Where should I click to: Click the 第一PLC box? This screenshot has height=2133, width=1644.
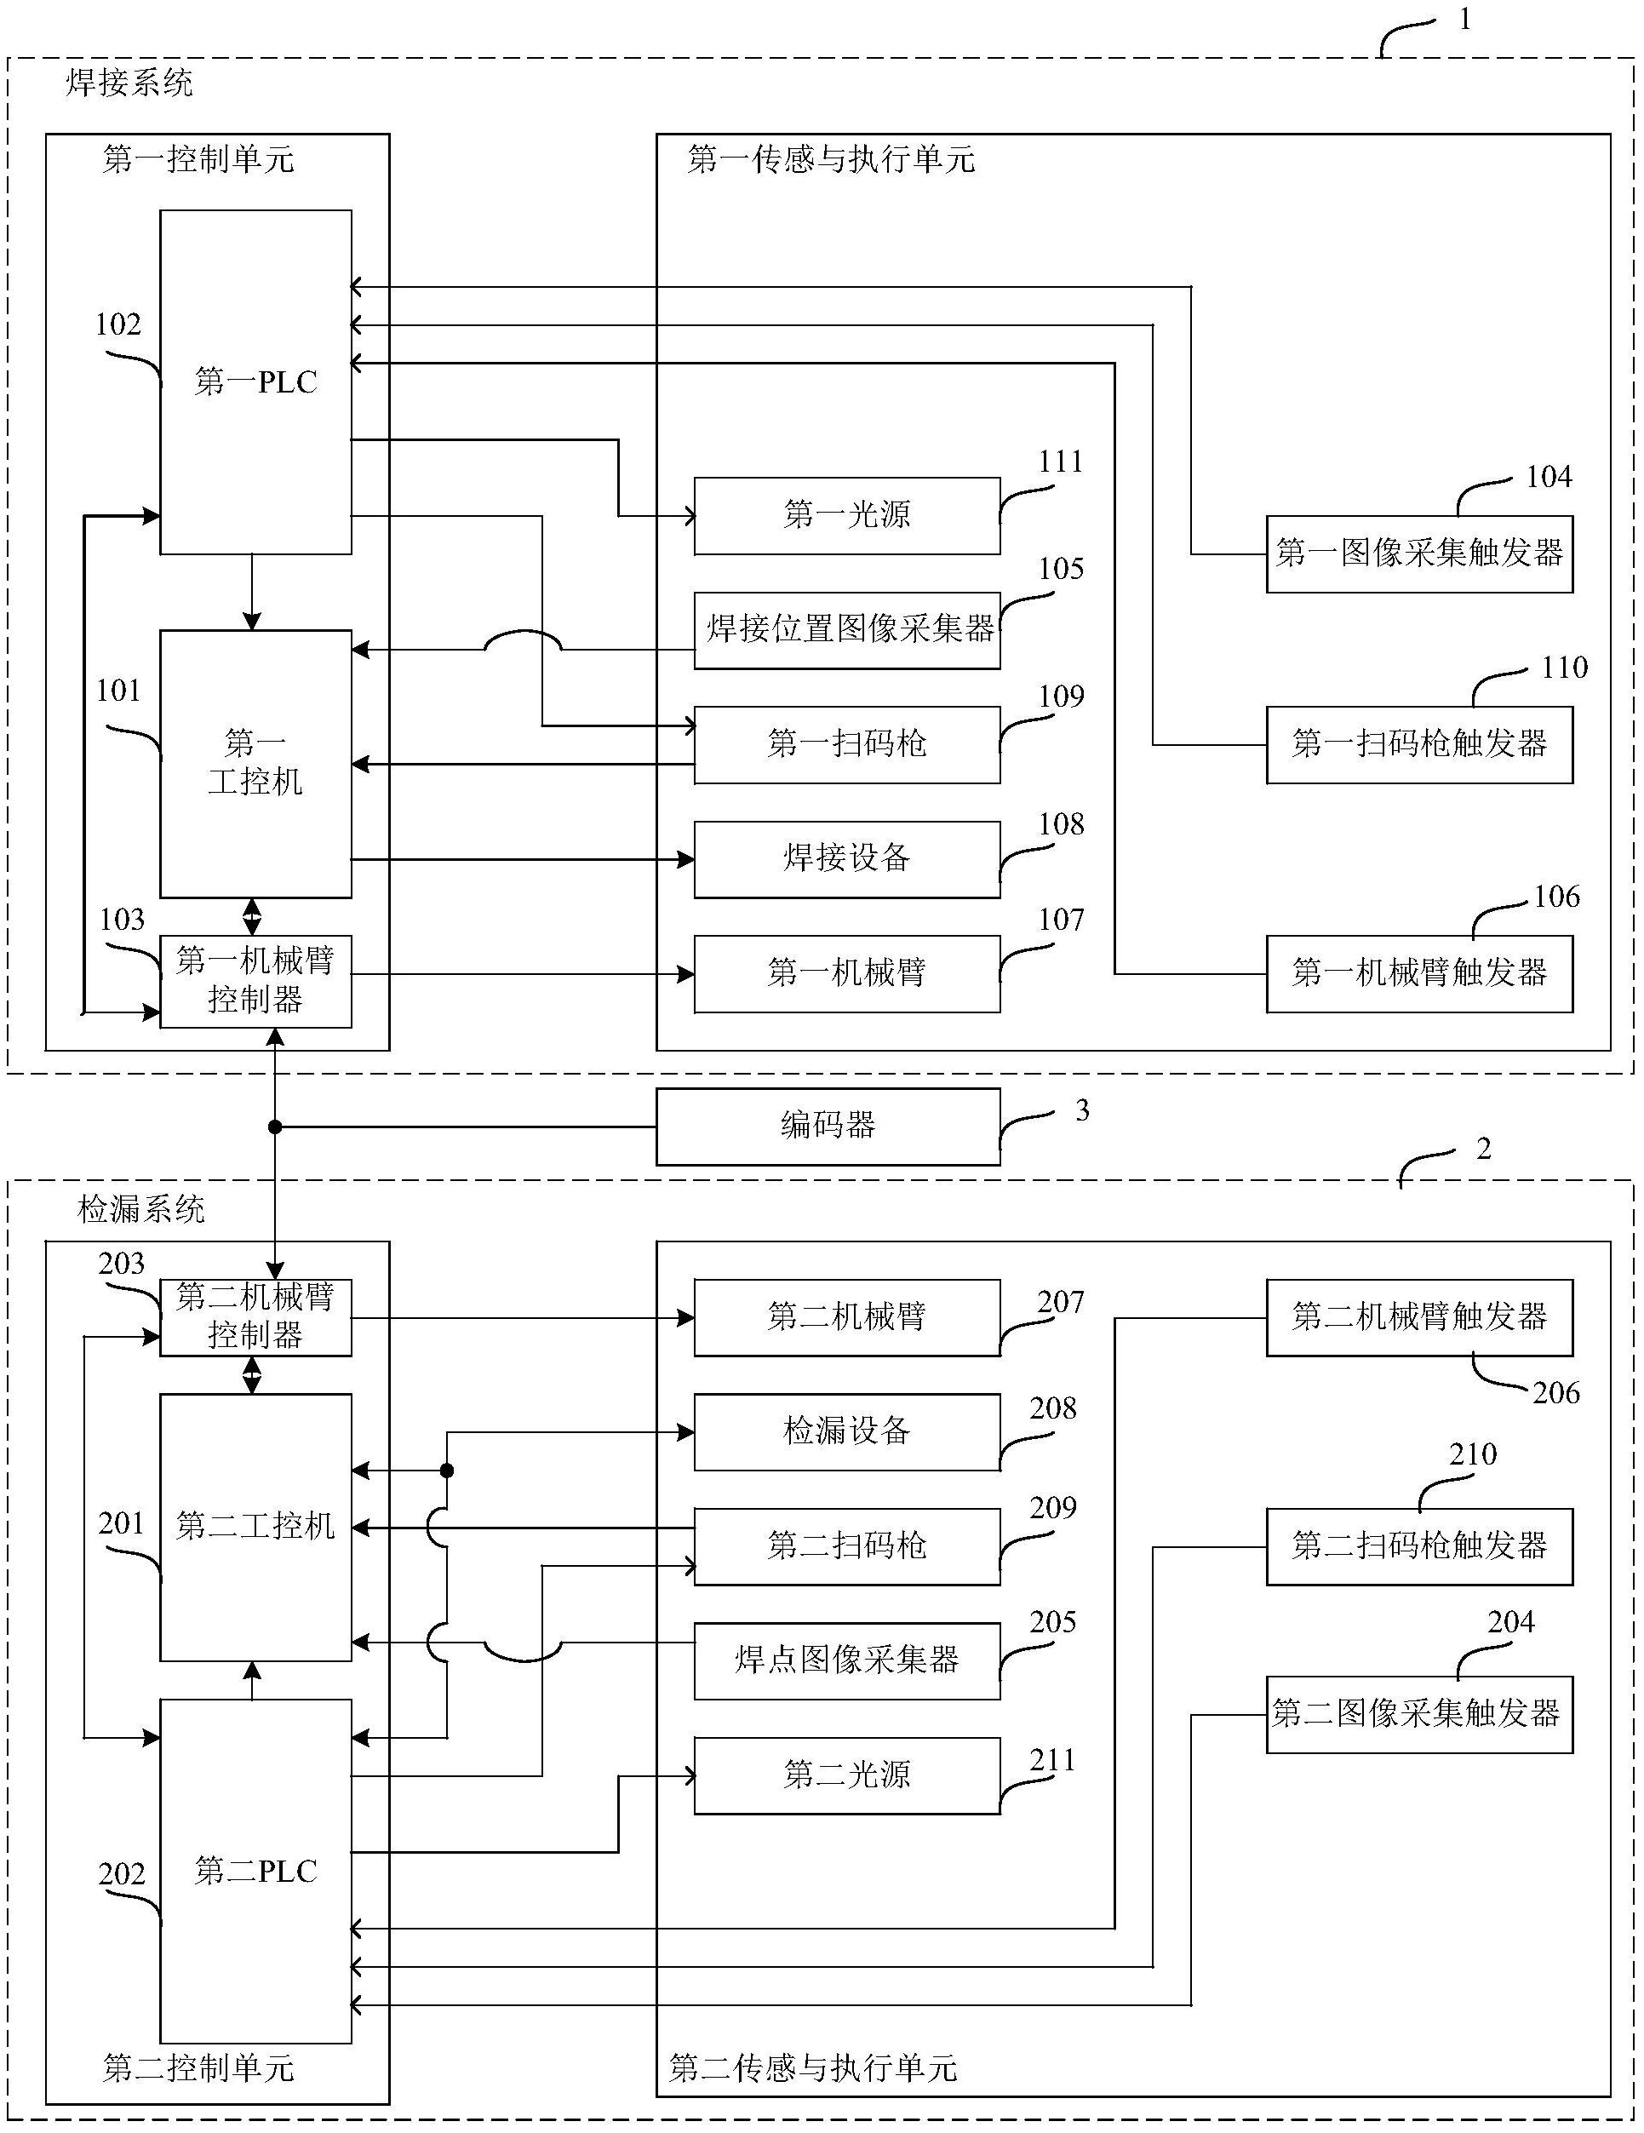[255, 381]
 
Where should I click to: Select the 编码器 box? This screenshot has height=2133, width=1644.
[828, 1126]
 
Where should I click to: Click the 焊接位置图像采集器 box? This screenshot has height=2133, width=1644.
[846, 630]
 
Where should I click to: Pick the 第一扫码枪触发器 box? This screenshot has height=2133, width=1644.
[1418, 744]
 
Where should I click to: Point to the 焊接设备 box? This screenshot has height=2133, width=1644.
[846, 858]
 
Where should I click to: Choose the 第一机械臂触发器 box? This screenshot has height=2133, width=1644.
[1418, 972]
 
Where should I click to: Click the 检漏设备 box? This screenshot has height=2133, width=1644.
[846, 1431]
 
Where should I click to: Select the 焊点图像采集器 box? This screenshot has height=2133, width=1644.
[846, 1660]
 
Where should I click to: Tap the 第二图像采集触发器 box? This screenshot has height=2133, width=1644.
[1418, 1714]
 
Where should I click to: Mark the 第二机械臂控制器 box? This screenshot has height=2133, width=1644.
[255, 1316]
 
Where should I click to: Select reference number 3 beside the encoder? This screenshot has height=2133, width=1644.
[1082, 1110]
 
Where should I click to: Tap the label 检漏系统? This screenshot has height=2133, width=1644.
[140, 1210]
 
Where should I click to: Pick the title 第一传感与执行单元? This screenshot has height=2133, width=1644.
[831, 159]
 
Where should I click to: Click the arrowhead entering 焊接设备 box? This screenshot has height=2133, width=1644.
[685, 859]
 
